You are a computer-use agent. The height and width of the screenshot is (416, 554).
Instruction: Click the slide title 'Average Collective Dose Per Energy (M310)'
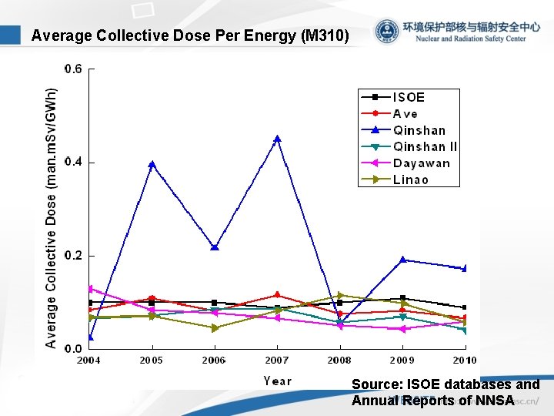coord(190,35)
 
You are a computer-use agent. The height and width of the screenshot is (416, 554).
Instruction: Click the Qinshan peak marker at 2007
coord(277,139)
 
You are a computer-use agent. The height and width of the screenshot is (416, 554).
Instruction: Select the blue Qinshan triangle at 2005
coord(152,164)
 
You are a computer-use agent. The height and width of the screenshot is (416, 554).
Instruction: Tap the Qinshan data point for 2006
coord(215,247)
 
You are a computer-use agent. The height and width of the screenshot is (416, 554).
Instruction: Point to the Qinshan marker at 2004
coord(90,337)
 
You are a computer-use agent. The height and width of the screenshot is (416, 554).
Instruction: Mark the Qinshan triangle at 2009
coord(402,260)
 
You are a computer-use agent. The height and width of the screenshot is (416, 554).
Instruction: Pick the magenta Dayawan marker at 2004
coord(90,289)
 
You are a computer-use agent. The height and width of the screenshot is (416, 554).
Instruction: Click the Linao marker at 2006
coord(215,328)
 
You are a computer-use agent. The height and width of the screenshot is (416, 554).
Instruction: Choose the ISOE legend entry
coord(409,97)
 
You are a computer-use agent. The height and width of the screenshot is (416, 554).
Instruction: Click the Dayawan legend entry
coord(422,163)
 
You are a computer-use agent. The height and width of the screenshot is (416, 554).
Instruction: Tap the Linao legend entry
coord(411,179)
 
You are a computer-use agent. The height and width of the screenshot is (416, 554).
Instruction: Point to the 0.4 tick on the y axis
coord(74,163)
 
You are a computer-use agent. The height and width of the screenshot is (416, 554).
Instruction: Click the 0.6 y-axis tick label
coord(74,69)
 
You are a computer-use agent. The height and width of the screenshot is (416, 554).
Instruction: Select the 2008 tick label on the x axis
coord(339,360)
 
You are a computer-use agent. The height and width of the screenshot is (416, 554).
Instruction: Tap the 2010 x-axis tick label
coord(464,360)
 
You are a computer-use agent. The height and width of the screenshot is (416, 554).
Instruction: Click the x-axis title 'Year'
coord(277,381)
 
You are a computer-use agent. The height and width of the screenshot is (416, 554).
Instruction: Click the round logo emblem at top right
coord(387,32)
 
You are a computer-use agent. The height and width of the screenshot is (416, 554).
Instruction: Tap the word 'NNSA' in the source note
coord(495,400)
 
